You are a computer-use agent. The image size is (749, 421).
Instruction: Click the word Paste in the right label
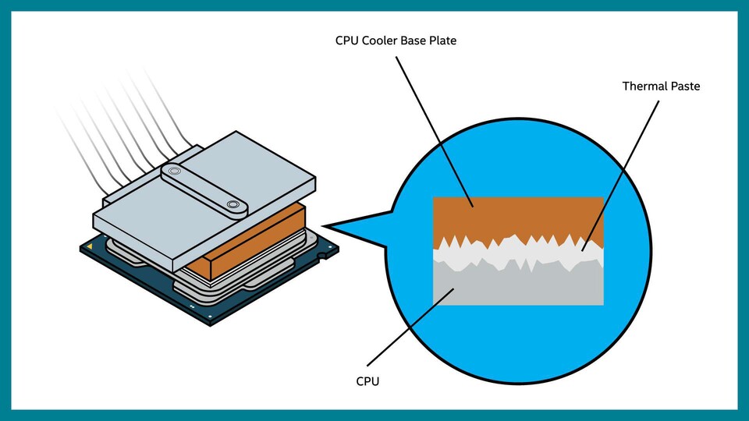[685, 87]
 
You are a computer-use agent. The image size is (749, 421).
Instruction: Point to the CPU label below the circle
[367, 381]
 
